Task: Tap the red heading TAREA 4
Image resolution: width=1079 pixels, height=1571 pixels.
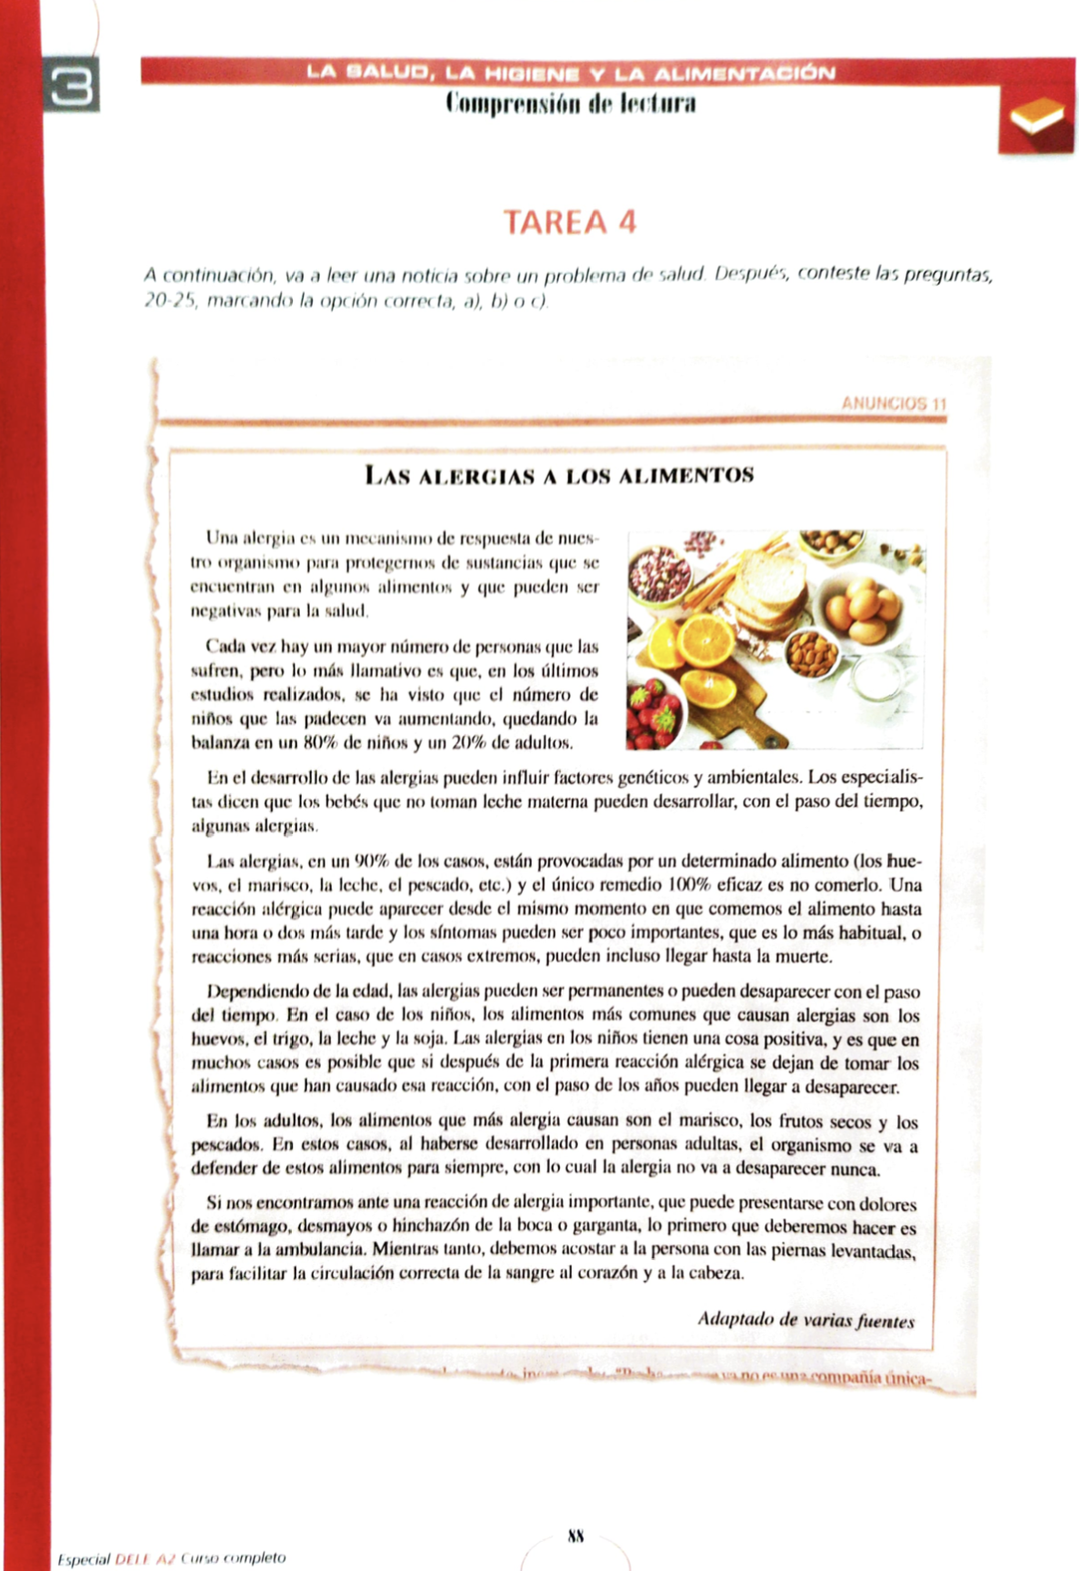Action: tap(570, 222)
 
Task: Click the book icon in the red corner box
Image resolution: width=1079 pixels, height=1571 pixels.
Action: tap(1036, 119)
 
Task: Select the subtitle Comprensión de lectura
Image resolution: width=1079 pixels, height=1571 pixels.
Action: tap(570, 103)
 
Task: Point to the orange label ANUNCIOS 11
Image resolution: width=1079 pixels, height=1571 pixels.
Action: tap(894, 403)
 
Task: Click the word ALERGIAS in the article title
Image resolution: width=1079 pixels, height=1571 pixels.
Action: tap(468, 476)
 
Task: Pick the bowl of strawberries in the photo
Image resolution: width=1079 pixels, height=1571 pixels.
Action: tap(652, 714)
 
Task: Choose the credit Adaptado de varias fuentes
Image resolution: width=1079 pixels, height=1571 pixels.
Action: tap(805, 1320)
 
